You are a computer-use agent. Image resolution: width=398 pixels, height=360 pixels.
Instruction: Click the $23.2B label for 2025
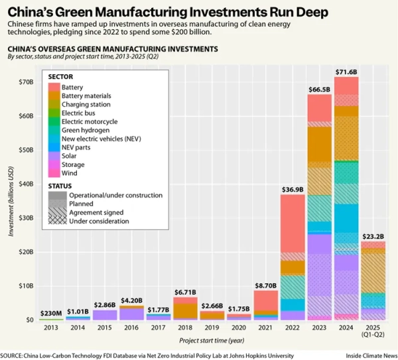click(x=372, y=236)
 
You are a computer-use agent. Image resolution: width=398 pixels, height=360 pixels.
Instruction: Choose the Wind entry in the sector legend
click(x=70, y=174)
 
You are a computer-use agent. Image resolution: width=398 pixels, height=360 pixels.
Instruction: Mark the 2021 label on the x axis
click(x=265, y=328)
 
